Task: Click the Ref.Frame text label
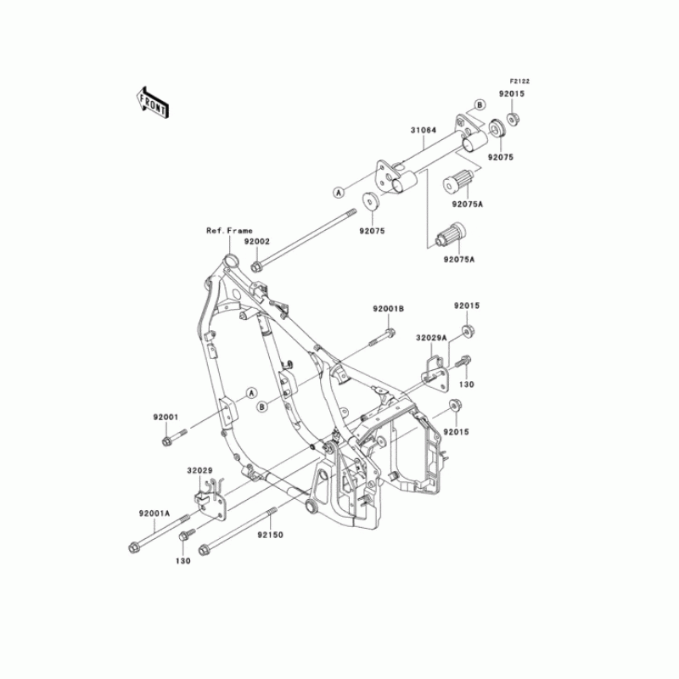(229, 231)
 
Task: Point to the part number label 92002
(257, 241)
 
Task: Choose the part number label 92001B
(388, 309)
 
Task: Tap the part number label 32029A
(431, 337)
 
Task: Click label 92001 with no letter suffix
(166, 417)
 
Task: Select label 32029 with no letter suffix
(199, 469)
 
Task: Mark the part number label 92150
(272, 535)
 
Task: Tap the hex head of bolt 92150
(204, 552)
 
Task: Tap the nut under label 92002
(255, 268)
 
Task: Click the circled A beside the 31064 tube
(339, 192)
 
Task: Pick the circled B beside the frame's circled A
(263, 407)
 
